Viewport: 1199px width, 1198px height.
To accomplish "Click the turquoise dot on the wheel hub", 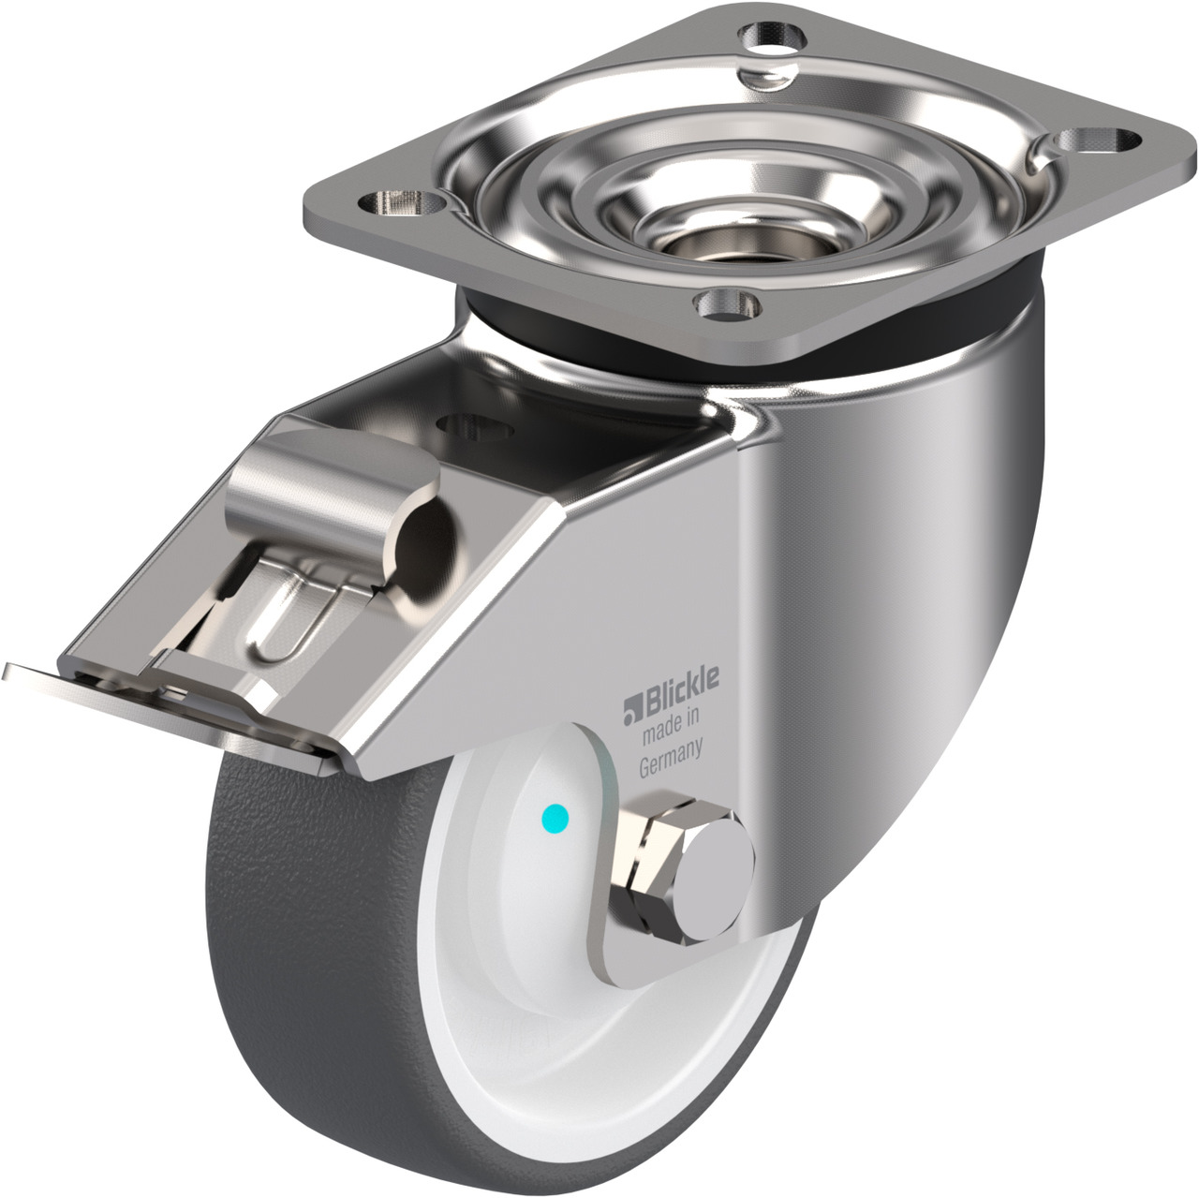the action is [555, 817].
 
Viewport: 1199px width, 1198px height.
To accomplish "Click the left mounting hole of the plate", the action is [403, 201].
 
